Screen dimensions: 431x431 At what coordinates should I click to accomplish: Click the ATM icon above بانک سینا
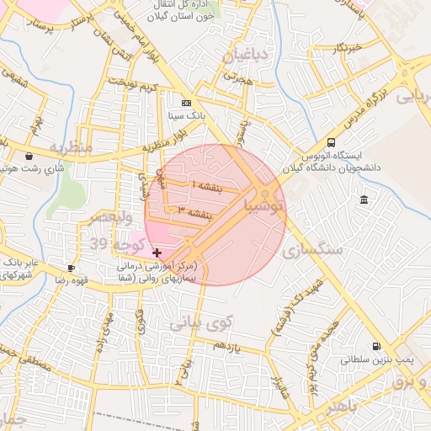click(186, 102)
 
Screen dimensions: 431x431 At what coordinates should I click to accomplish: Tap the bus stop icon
click(331, 143)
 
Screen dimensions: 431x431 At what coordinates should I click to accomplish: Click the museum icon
click(364, 200)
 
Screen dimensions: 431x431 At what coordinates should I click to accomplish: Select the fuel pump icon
click(375, 345)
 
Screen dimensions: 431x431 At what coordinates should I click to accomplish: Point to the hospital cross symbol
click(157, 252)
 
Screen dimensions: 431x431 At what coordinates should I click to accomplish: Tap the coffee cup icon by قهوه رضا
click(71, 269)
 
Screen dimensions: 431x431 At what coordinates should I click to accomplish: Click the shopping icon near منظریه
click(30, 156)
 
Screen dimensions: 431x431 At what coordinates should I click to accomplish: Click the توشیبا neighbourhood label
click(263, 205)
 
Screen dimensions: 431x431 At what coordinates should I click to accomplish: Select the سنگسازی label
click(319, 250)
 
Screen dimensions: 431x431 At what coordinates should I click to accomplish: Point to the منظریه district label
click(69, 147)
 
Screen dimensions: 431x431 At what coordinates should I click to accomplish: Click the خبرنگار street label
click(346, 47)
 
